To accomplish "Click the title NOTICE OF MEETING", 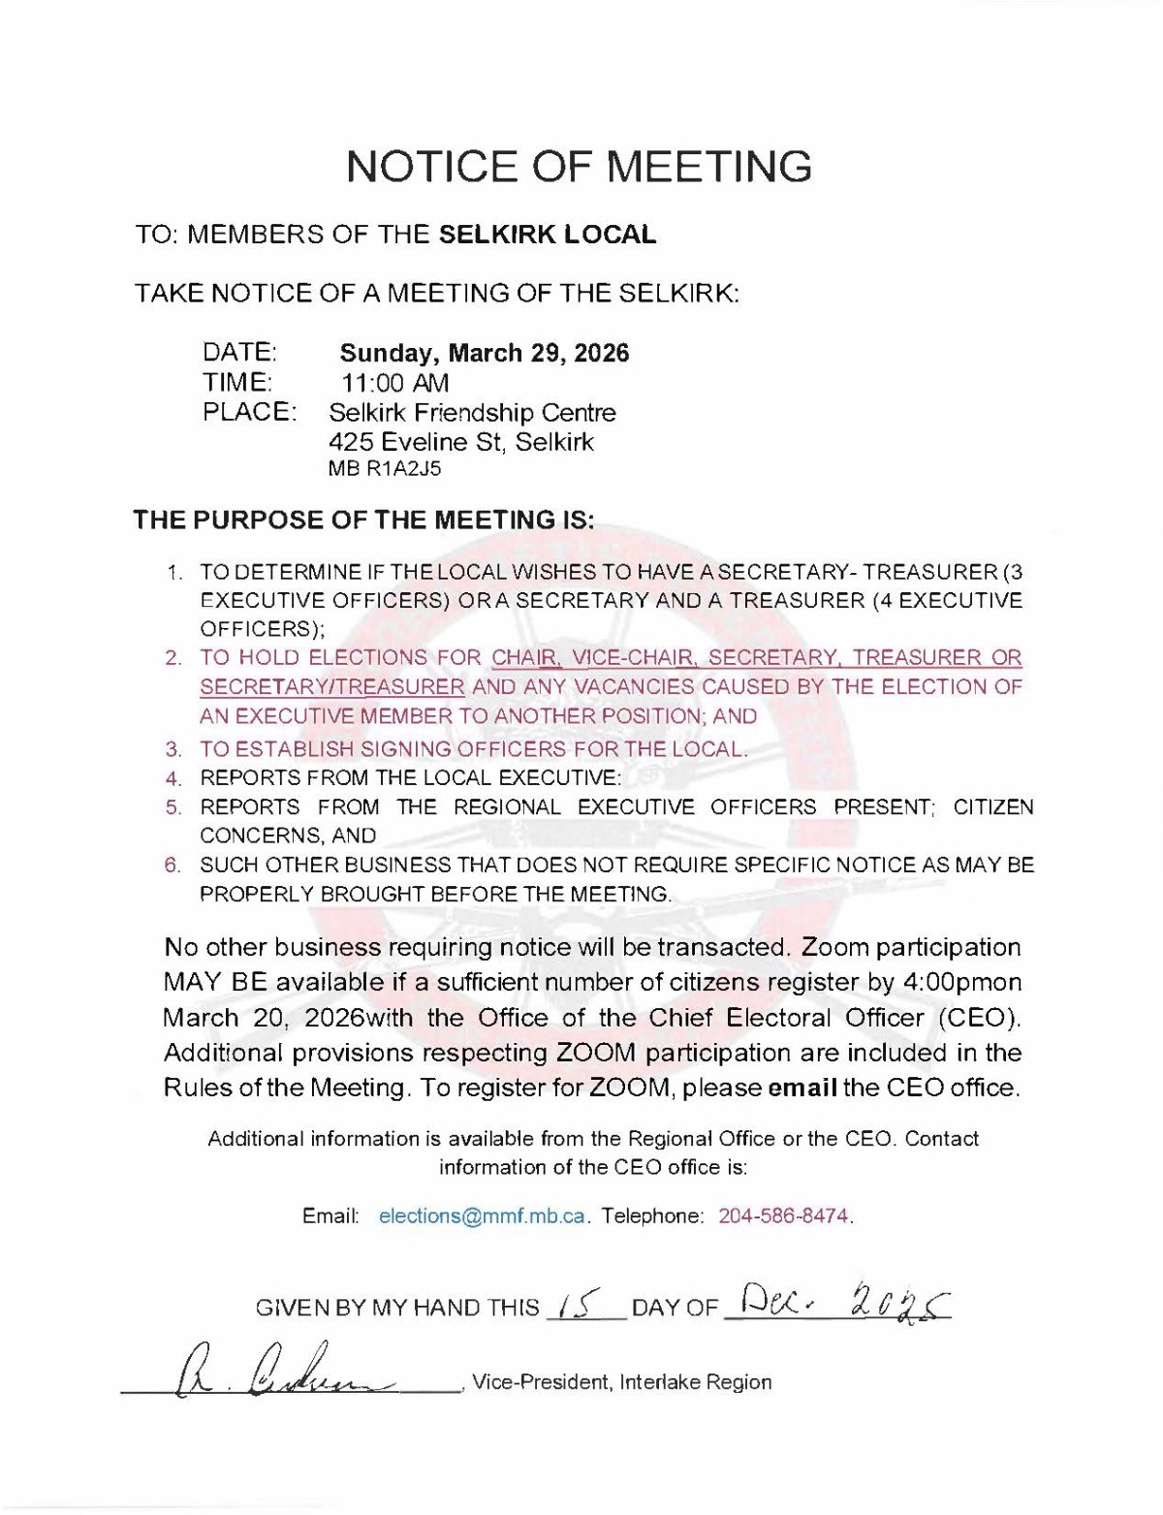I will tap(580, 167).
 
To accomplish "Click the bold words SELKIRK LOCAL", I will tap(548, 235).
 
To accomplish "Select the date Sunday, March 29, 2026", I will tap(484, 353).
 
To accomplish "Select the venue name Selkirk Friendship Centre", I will tap(472, 413).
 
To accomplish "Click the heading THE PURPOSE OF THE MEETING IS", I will tap(363, 520).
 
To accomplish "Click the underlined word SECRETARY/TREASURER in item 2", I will tap(332, 687).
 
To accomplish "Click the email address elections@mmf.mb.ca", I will tap(482, 1215).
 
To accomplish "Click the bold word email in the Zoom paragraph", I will tap(802, 1088).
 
